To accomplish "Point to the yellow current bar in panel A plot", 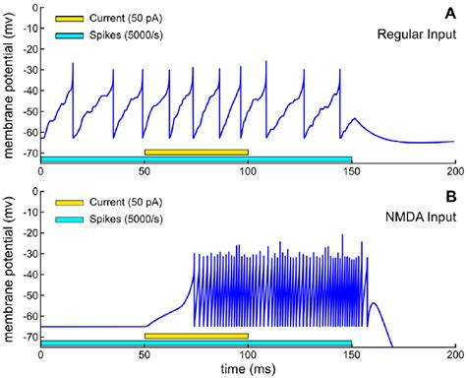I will [196, 152].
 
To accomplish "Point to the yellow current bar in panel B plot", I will [196, 336].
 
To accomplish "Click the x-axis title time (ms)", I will [246, 369].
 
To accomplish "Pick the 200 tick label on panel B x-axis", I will [454, 355].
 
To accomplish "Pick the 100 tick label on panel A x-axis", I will [248, 169].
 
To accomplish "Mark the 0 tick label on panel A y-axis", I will [30, 8].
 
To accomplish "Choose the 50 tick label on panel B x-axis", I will [145, 355].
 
